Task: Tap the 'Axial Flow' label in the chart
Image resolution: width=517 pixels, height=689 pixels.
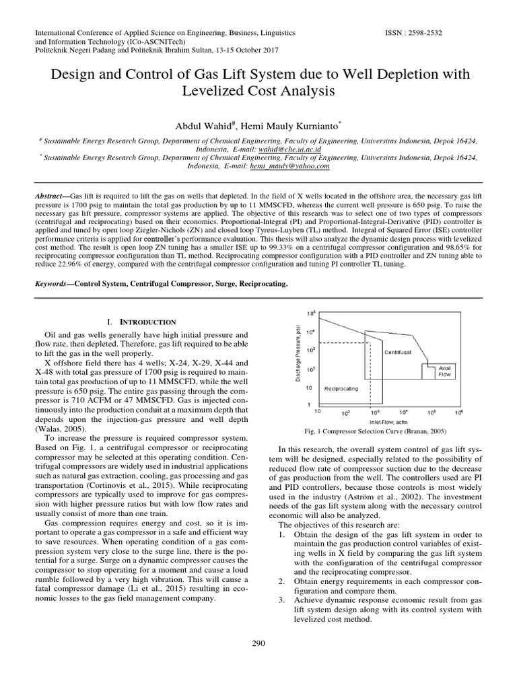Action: click(444, 371)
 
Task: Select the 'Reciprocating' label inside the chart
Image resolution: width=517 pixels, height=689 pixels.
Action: click(341, 388)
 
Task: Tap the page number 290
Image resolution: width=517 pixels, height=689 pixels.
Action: click(258, 643)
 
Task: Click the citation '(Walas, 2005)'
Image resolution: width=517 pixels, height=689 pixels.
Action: click(57, 428)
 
